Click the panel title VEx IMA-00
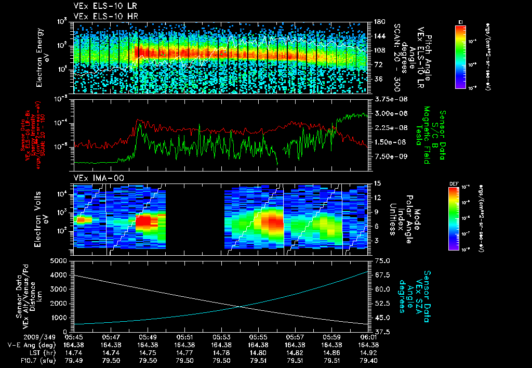click(95, 178)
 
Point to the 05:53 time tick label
click(222, 337)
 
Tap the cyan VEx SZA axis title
click(416, 291)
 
